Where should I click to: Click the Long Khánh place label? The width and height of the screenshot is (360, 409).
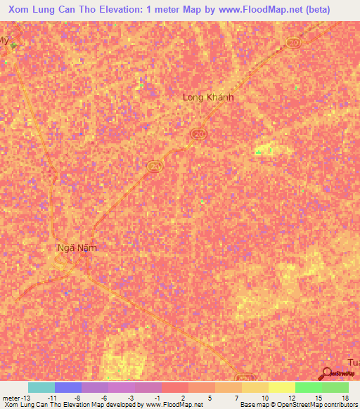tap(207, 98)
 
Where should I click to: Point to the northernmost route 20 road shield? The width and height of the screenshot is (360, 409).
tap(292, 44)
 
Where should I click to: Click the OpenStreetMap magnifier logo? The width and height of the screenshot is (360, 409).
tap(327, 374)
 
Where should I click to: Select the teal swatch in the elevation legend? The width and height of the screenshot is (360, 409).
tap(41, 387)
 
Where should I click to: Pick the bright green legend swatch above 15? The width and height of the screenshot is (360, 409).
tap(308, 387)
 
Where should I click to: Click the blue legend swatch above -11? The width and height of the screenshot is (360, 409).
tap(67, 387)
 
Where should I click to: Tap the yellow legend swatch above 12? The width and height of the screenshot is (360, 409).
tap(281, 387)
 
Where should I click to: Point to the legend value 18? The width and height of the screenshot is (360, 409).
tap(345, 397)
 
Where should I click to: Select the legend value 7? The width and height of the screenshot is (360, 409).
tap(237, 397)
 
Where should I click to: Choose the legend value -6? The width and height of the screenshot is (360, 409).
tap(103, 397)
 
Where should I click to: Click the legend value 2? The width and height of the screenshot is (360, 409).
tap(184, 397)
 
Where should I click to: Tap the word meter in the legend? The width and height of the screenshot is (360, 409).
tap(11, 397)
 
